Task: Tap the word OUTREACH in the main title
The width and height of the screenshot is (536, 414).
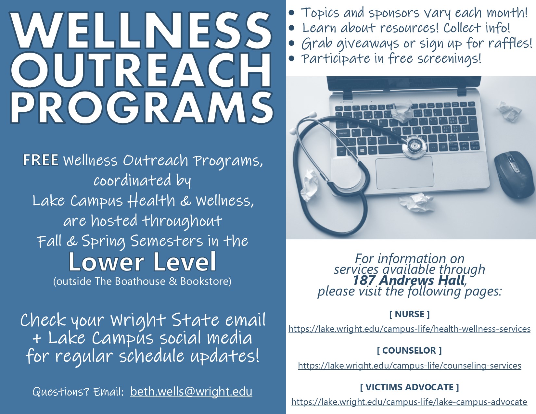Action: pos(141,70)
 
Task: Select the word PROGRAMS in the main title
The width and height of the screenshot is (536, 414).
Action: pos(142,107)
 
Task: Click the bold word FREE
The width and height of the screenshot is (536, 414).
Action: pos(41,160)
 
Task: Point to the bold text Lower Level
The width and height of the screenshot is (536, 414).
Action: pos(142,262)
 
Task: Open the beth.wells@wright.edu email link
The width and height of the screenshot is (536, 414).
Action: pos(191,391)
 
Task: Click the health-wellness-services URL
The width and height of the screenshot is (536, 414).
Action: pos(409,329)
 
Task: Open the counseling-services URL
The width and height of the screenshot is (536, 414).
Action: pos(409,365)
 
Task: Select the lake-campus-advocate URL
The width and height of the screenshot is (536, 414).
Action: pos(409,402)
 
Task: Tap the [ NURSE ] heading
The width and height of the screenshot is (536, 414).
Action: pos(409,314)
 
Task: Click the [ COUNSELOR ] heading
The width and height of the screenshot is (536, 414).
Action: pos(409,350)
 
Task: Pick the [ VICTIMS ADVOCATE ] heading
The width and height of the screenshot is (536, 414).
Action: pos(409,387)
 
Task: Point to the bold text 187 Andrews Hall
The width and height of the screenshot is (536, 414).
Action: pos(409,280)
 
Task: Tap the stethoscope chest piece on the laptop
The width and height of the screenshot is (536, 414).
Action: pos(414,147)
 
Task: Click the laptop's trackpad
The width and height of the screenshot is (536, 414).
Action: pos(404,173)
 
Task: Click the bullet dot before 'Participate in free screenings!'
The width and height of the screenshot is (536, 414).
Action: pos(292,58)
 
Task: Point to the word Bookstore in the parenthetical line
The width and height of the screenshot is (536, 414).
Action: pos(206,281)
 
